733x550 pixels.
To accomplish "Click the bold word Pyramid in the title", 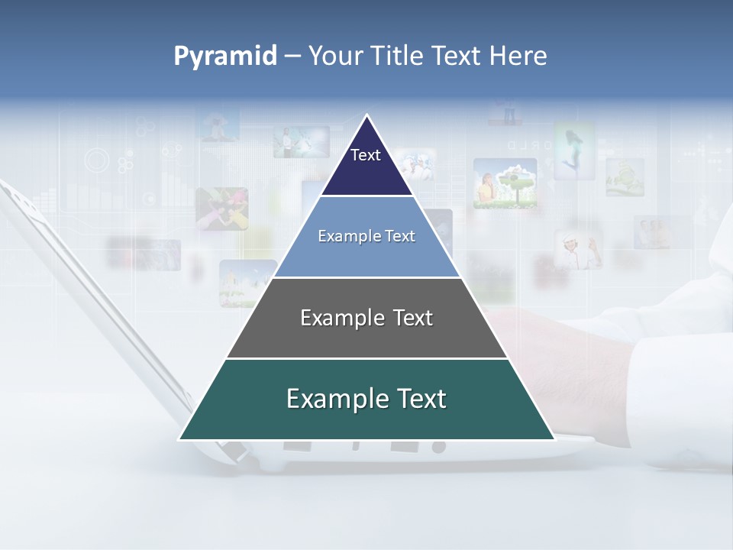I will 224,57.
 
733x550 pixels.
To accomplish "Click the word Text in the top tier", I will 366,155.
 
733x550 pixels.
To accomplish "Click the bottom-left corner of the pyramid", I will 181,438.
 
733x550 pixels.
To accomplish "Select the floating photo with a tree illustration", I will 505,183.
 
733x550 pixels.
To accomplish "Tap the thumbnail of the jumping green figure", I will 574,151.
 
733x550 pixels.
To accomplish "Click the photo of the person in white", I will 578,249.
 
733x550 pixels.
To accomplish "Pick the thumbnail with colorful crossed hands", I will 221,209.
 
